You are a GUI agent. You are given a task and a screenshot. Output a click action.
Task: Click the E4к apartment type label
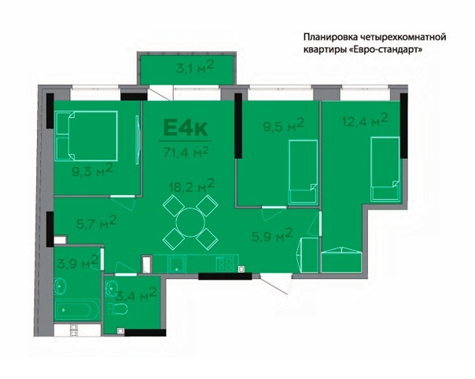[x=186, y=128]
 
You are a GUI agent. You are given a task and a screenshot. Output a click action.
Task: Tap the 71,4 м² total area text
[x=186, y=151]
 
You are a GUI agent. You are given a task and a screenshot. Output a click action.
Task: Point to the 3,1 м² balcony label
[x=195, y=66]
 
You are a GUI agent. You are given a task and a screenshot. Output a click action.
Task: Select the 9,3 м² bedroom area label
[x=92, y=170]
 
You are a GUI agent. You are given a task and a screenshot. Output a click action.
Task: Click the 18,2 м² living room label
[x=192, y=185]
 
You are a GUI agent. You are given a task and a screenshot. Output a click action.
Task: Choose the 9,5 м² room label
[x=283, y=124]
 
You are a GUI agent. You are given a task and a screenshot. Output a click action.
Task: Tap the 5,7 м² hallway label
[x=96, y=223]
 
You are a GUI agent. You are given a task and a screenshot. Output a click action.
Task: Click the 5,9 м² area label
[x=272, y=235]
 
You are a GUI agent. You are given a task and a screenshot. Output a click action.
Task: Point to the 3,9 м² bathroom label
[x=78, y=262]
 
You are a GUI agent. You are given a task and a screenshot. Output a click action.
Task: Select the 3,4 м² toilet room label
[x=136, y=295]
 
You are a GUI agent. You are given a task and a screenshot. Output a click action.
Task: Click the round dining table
[x=190, y=223]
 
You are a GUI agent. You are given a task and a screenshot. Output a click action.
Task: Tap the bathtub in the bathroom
[x=77, y=310]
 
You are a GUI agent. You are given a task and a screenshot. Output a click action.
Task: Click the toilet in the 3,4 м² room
[x=117, y=309]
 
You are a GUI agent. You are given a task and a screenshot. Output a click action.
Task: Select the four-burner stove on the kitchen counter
[x=224, y=263]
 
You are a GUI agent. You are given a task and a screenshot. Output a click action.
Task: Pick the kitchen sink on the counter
[x=177, y=264]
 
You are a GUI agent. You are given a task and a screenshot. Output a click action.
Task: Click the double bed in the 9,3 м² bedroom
[x=86, y=136]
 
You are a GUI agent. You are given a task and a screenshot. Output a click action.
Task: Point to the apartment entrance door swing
[x=276, y=284]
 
